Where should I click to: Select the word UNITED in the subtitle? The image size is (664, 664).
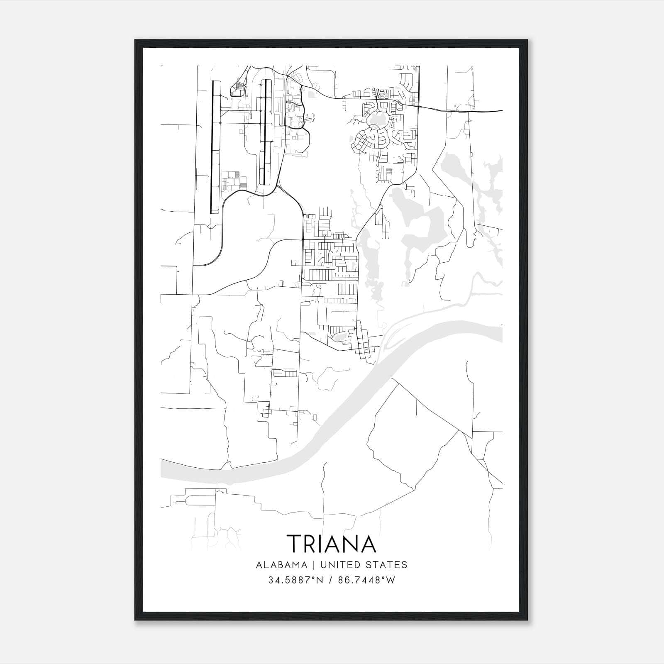338,565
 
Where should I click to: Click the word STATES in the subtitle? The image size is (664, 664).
387,565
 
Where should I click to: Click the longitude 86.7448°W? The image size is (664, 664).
367,580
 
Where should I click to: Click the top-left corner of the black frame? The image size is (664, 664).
135,40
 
